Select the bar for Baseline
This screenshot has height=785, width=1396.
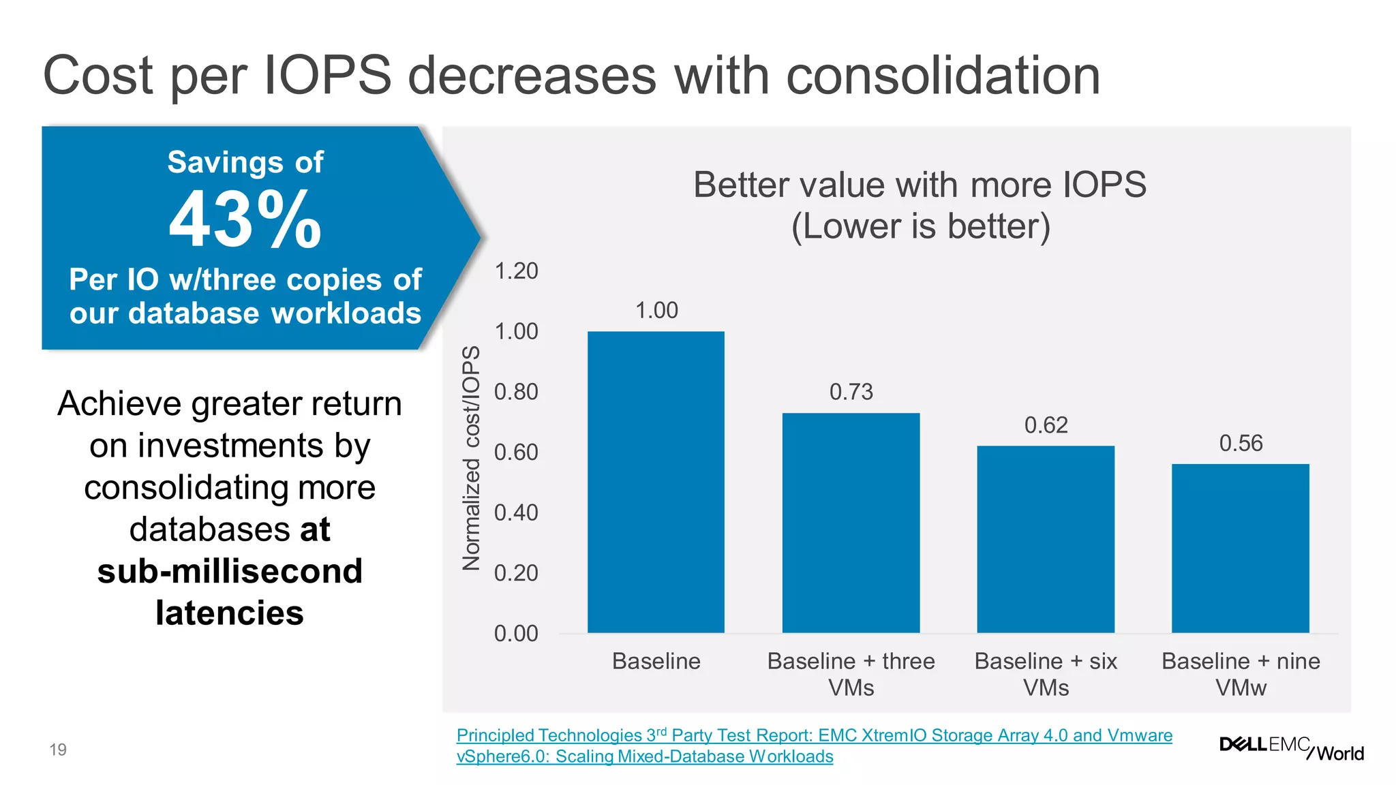tap(656, 482)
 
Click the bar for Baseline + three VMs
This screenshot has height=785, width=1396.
tap(851, 523)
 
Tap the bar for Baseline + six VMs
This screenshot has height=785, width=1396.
tap(1046, 539)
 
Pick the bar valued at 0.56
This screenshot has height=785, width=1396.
tap(1241, 548)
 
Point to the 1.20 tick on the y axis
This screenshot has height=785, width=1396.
tap(516, 271)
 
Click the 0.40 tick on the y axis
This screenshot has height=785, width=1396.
tap(516, 512)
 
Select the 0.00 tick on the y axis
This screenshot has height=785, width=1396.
tap(516, 634)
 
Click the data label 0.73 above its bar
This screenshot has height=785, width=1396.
tap(851, 392)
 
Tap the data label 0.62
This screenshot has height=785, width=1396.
tap(1046, 425)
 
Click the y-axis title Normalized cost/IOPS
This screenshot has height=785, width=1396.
tap(471, 458)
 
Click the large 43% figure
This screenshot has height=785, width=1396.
tap(245, 220)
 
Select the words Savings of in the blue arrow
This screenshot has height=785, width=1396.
tap(245, 162)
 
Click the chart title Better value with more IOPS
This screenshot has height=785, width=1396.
tap(920, 185)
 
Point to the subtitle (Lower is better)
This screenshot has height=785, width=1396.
tap(920, 226)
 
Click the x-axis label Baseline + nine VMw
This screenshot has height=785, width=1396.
tap(1241, 674)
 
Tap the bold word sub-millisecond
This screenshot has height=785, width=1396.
tap(230, 571)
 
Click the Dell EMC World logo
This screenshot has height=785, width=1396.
tap(1291, 748)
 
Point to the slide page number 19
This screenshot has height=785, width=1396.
tap(58, 750)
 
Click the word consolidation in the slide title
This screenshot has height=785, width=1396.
tap(943, 76)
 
